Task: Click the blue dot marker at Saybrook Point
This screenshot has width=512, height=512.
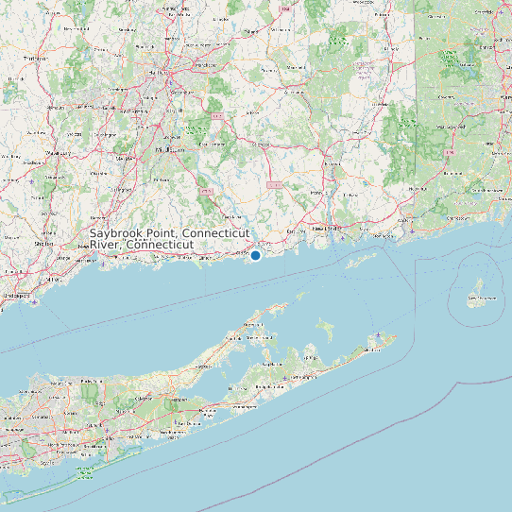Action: coord(255,255)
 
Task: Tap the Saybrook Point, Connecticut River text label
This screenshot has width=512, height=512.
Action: coord(170,238)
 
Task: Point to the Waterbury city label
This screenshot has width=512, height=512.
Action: coord(59,151)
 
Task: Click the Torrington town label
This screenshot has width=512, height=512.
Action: coord(35,59)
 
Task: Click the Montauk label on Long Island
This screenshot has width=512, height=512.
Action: coord(375,348)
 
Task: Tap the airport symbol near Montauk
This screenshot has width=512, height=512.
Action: coord(380,335)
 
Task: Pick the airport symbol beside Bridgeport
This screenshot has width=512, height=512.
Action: coord(34,303)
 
